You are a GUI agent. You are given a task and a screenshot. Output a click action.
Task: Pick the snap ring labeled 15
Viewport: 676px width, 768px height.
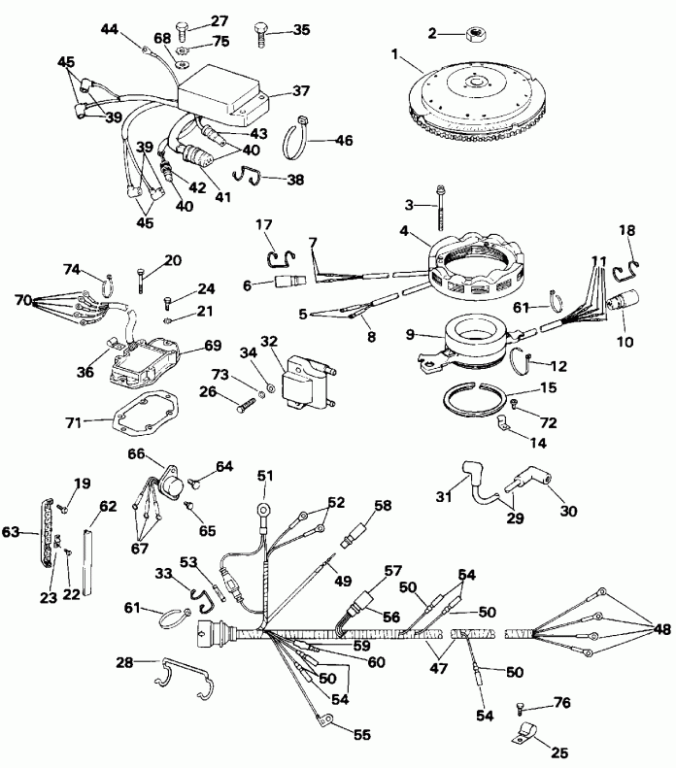481,399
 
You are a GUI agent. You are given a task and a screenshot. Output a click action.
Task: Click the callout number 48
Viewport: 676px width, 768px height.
661,629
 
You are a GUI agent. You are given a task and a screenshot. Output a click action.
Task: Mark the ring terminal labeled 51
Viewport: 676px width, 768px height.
264,506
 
